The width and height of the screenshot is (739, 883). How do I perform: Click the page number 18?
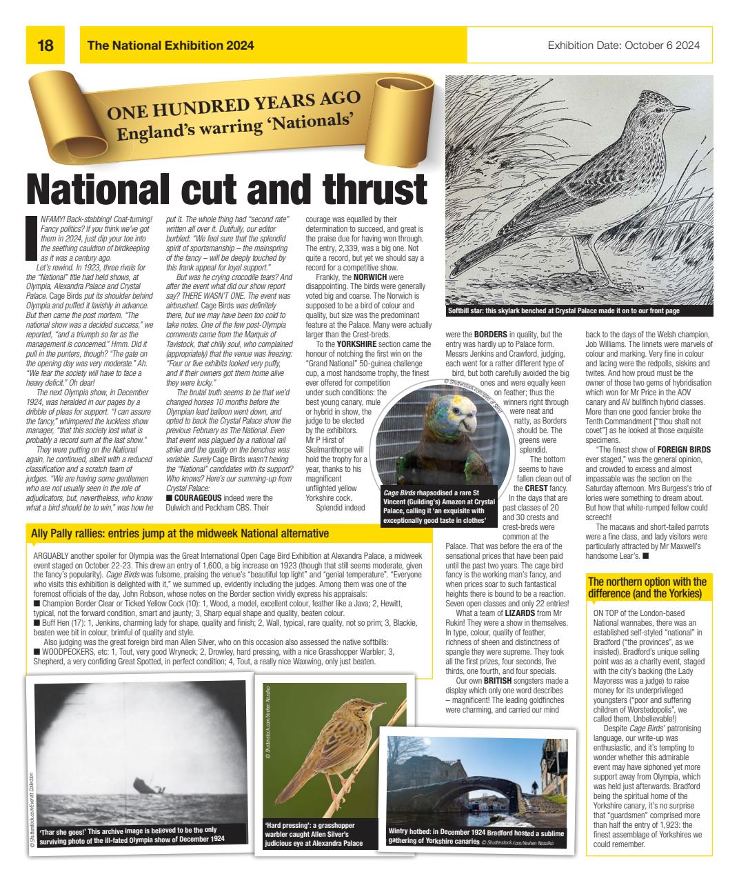(x=45, y=46)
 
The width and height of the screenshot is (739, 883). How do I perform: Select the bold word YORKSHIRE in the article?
(x=359, y=344)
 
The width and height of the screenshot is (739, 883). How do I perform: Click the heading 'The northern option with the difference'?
(x=647, y=588)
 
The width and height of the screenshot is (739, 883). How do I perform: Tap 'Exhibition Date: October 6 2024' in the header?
(x=624, y=46)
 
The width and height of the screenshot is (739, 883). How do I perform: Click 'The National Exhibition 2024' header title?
(x=170, y=46)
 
